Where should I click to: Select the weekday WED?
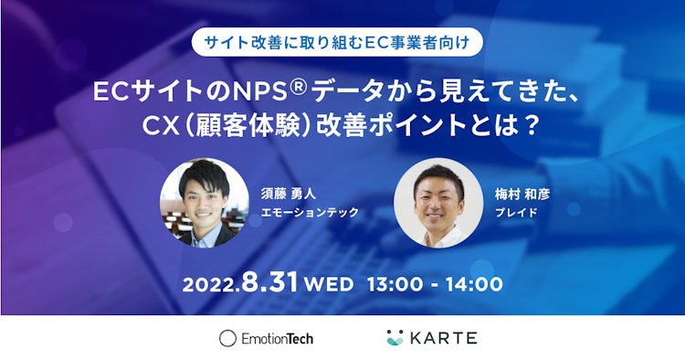point(329,284)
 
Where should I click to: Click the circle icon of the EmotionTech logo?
point(227,338)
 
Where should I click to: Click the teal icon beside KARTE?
point(395,337)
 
